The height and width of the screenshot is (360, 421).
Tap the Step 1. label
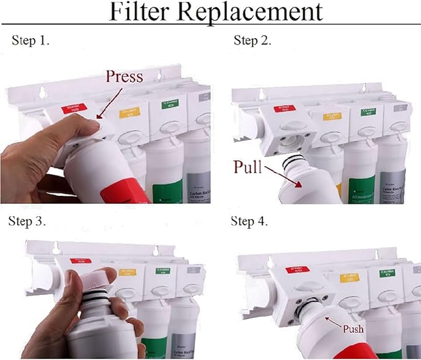(30, 41)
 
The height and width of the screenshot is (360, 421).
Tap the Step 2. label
(252, 41)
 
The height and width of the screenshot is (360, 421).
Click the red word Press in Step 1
(124, 77)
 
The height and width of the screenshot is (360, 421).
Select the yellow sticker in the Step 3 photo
(128, 272)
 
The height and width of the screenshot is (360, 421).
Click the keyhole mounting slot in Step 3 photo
(55, 248)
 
